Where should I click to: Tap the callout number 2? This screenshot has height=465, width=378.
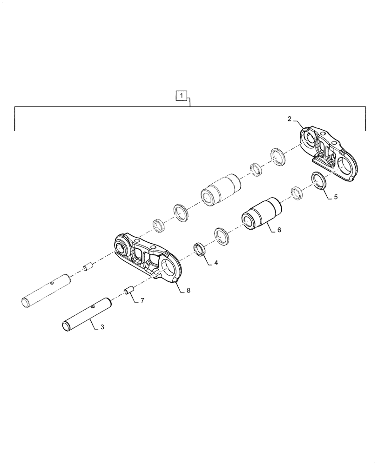point(289,119)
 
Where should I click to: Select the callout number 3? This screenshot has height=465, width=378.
point(102,327)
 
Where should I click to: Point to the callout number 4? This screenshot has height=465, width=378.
point(216,263)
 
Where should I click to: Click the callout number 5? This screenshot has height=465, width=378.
point(335,197)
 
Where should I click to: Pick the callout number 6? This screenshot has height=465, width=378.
point(279,230)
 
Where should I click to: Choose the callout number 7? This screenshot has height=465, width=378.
point(142,300)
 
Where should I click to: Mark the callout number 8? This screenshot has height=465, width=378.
point(188,291)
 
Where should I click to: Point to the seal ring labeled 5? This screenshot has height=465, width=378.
point(318,179)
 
